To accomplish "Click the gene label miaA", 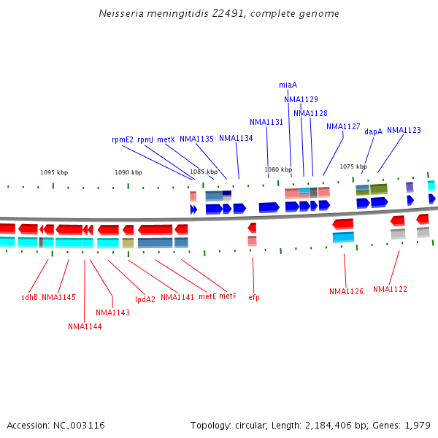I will pyautogui.click(x=288, y=85).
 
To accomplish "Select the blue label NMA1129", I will pyautogui.click(x=301, y=99).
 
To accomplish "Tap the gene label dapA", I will pyautogui.click(x=373, y=131).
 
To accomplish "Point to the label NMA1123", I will pyautogui.click(x=404, y=130).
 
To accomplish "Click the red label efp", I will pyautogui.click(x=254, y=297).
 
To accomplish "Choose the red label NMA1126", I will pyautogui.click(x=346, y=291).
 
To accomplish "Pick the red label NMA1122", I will pyautogui.click(x=390, y=289).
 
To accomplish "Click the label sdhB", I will pyautogui.click(x=29, y=297).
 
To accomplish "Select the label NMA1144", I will pyautogui.click(x=85, y=326).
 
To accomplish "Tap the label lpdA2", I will pyautogui.click(x=145, y=299).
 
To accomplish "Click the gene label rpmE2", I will pyautogui.click(x=123, y=139).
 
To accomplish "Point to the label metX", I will pyautogui.click(x=166, y=139).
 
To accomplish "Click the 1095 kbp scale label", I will pyautogui.click(x=54, y=172).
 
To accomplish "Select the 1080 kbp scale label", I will pyautogui.click(x=278, y=169).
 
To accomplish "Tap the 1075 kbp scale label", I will pyautogui.click(x=353, y=166).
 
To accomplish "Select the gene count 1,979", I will pyautogui.click(x=417, y=425).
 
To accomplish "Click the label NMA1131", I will pyautogui.click(x=266, y=122).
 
